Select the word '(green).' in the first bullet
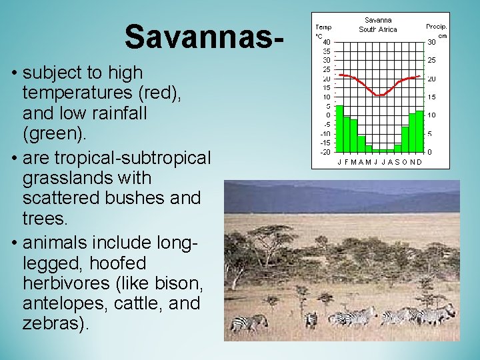[54, 135]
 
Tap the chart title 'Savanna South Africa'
[378, 25]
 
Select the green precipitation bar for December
[420, 131]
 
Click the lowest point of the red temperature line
[379, 95]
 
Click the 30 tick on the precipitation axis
[431, 42]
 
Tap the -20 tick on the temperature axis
[325, 152]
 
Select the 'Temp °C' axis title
[323, 31]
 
